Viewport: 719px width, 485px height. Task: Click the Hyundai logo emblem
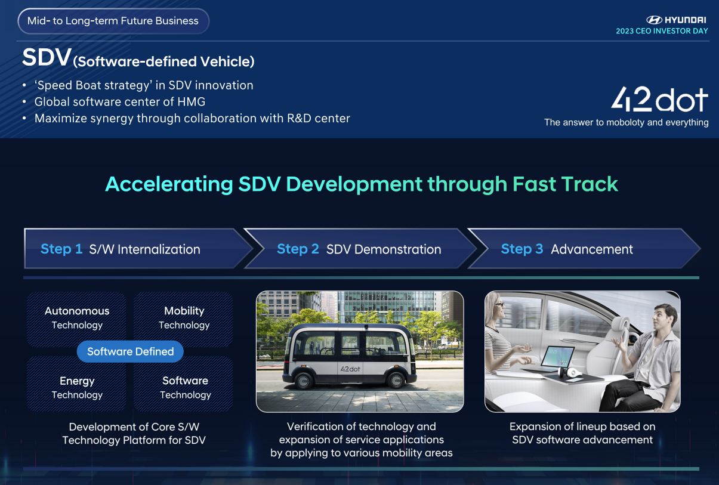(x=654, y=20)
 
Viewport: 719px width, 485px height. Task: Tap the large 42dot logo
(x=659, y=99)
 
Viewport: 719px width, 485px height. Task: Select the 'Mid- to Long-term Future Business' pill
(x=113, y=21)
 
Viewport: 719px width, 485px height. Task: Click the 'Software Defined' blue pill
(x=130, y=351)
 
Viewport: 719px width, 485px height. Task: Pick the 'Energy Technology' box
(x=77, y=387)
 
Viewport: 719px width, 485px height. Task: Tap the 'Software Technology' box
(x=184, y=387)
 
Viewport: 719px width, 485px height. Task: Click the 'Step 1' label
(x=61, y=249)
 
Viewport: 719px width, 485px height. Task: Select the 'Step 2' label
(x=298, y=249)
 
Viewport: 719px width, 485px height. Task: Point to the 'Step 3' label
(x=522, y=249)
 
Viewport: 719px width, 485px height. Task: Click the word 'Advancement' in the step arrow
(x=592, y=249)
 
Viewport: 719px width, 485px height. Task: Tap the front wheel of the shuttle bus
(x=396, y=379)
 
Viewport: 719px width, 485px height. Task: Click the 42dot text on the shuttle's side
(x=350, y=369)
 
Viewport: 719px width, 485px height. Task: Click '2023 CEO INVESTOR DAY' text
(x=662, y=31)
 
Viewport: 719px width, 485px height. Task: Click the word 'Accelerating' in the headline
(x=169, y=184)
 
